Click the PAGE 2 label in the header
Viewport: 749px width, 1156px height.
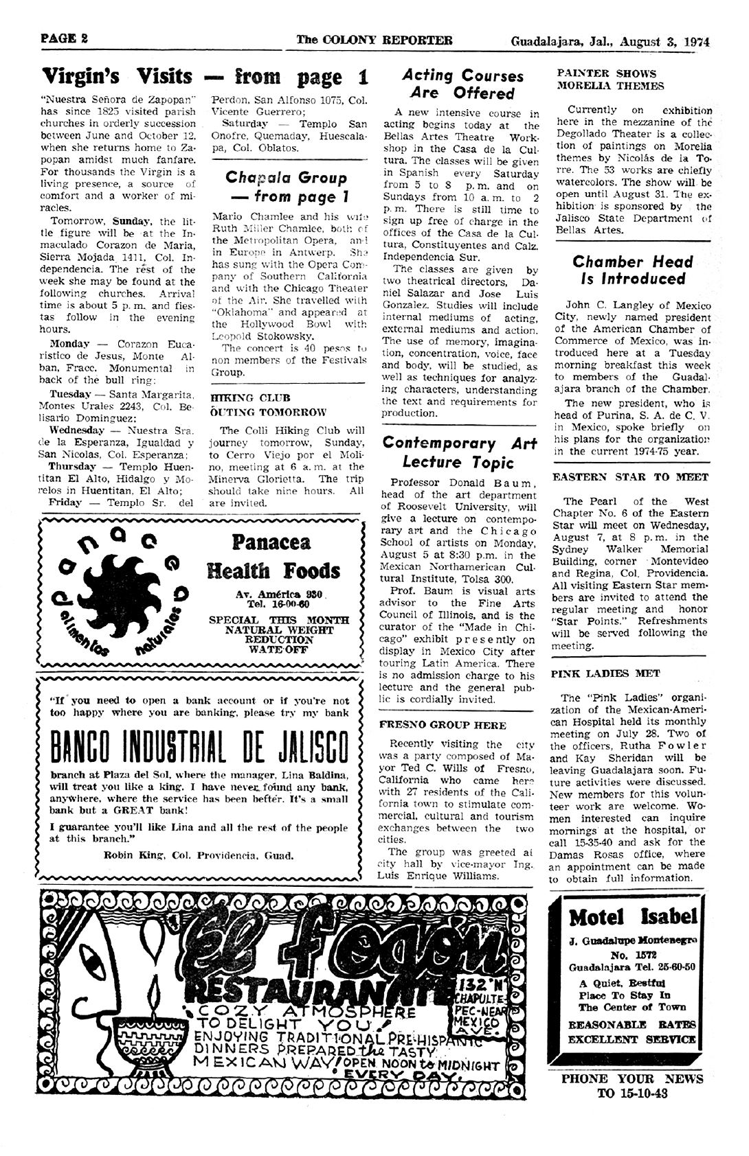(64, 39)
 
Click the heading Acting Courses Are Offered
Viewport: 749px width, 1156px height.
(462, 84)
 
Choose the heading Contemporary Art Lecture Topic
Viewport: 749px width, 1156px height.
(459, 452)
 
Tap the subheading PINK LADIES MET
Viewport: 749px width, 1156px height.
(596, 673)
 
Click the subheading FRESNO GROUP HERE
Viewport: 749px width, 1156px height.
(443, 725)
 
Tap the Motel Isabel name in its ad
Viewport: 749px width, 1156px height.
(633, 917)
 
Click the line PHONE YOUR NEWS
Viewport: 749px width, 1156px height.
(631, 1078)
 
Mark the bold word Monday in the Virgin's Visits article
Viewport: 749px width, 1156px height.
(69, 343)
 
